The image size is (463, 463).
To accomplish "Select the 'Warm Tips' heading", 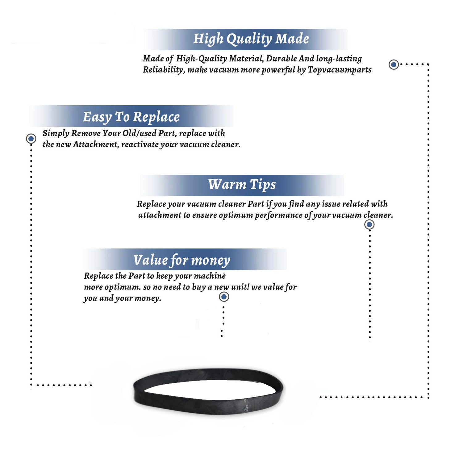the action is coord(242,185).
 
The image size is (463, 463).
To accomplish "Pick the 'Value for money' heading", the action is coord(182,260).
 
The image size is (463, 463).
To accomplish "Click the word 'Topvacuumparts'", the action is coord(340,70).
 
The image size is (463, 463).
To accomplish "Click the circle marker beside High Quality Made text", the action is coord(394,65).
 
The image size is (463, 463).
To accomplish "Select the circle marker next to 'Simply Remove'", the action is coord(31,139).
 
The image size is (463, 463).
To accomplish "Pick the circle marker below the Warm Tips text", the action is coord(369,224).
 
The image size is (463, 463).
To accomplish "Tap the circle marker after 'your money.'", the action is coord(224,297).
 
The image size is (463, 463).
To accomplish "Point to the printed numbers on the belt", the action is coord(245,406).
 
